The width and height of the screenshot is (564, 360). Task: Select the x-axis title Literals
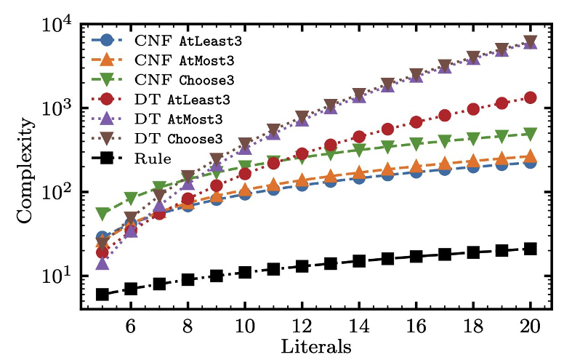pos(316,346)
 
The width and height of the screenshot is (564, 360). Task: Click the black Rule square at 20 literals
pos(530,249)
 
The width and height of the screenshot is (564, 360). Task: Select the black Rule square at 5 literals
pos(102,295)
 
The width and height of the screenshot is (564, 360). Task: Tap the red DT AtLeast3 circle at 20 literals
pos(530,97)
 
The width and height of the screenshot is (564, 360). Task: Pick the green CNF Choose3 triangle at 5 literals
pos(102,214)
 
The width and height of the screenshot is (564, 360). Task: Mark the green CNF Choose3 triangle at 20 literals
pos(530,135)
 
